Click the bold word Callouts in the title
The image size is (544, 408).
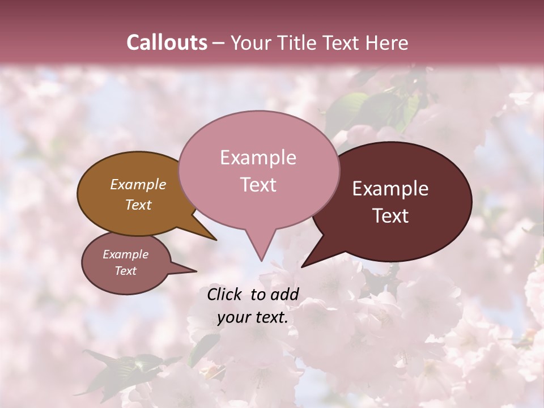167,42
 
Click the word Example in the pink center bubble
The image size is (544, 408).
258,158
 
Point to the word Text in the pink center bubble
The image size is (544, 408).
258,185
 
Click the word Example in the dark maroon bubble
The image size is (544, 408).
390,189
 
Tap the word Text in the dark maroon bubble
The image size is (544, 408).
390,216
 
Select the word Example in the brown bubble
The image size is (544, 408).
138,184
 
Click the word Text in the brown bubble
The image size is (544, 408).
138,205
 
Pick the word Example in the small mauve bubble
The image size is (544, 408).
125,254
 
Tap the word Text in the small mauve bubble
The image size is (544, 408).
125,271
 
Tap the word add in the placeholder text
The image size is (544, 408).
285,294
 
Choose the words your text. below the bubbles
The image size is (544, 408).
252,317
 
